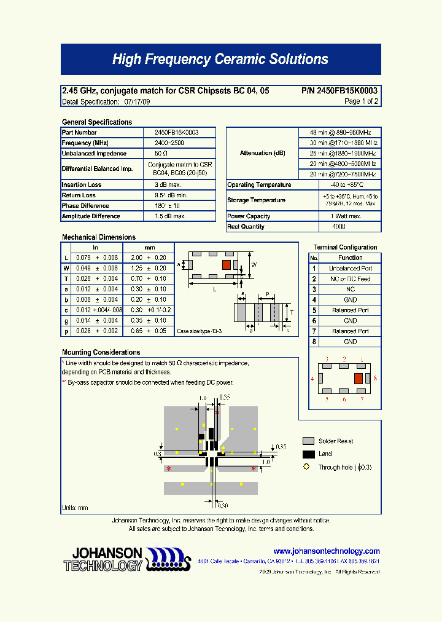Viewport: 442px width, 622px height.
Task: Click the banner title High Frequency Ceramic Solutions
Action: pyautogui.click(x=220, y=60)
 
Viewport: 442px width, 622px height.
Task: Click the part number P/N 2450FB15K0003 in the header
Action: pyautogui.click(x=339, y=91)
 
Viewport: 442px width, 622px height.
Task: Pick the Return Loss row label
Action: pyautogui.click(x=79, y=195)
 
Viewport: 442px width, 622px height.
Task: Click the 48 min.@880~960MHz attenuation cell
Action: pyautogui.click(x=339, y=132)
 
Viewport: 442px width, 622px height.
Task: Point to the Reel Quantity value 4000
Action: pyautogui.click(x=339, y=227)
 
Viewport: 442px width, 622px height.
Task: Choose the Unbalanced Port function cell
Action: pyautogui.click(x=350, y=269)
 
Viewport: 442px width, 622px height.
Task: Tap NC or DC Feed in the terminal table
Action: pyautogui.click(x=350, y=279)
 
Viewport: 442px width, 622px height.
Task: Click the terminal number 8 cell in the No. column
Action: pyautogui.click(x=314, y=342)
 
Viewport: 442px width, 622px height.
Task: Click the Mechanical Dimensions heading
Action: pyautogui.click(x=99, y=237)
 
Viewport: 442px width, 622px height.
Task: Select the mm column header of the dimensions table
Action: pyautogui.click(x=149, y=248)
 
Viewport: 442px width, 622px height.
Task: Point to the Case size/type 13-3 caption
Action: pyautogui.click(x=199, y=331)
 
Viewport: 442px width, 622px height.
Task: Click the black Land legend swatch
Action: pyautogui.click(x=308, y=454)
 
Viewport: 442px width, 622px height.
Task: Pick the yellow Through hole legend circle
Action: pyautogui.click(x=306, y=467)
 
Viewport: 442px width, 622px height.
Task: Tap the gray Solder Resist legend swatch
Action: pyautogui.click(x=308, y=441)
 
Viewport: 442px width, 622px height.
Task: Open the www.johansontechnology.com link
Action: pyautogui.click(x=327, y=551)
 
